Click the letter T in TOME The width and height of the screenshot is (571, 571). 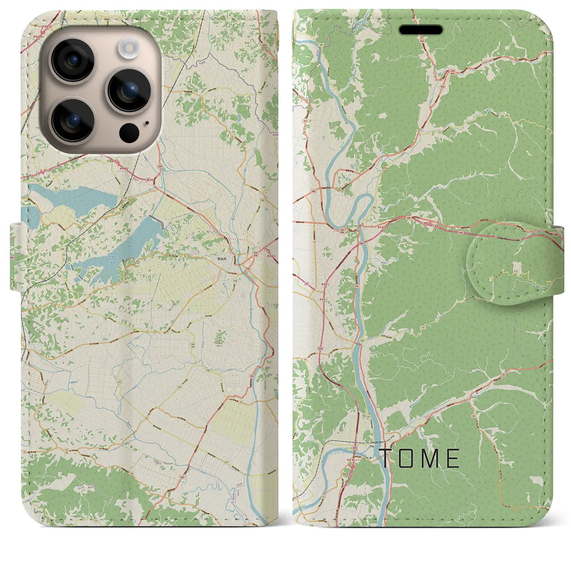(386, 458)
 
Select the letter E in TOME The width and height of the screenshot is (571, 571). (453, 458)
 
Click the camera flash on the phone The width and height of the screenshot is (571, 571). (130, 46)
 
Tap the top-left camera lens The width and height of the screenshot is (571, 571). (72, 61)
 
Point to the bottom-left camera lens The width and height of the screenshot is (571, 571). (72, 120)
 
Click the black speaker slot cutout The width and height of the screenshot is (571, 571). (421, 30)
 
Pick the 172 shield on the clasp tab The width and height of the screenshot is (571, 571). (516, 271)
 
